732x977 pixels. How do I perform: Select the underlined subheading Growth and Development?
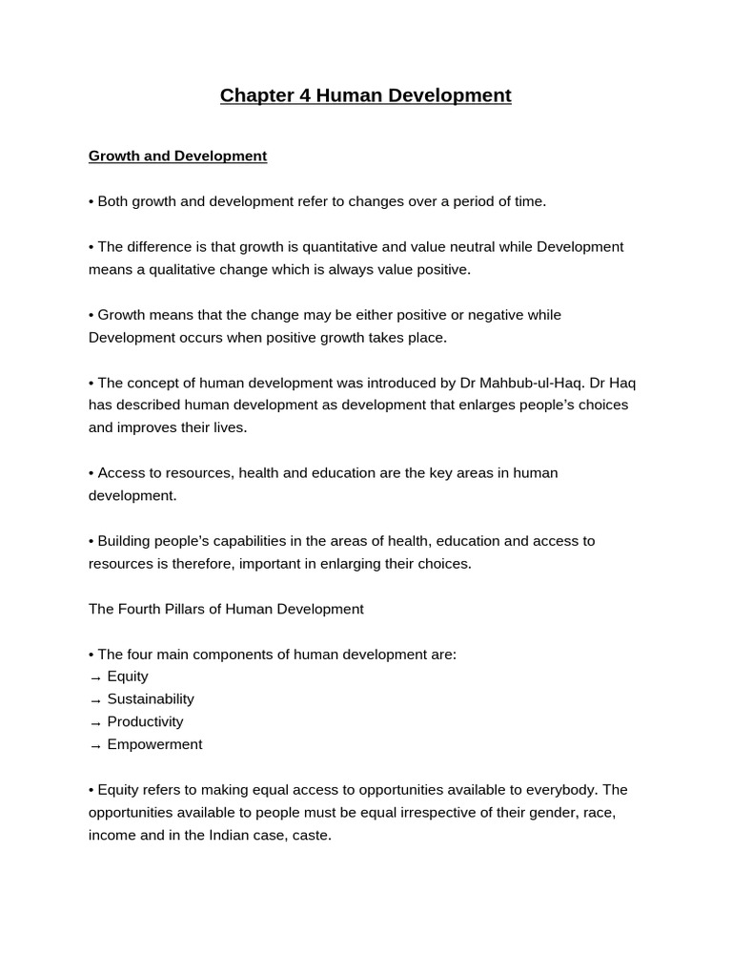pyautogui.click(x=177, y=156)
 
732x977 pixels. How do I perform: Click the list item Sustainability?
pyautogui.click(x=151, y=699)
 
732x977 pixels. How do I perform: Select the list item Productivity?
pyautogui.click(x=145, y=722)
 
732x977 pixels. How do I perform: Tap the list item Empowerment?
pyautogui.click(x=154, y=744)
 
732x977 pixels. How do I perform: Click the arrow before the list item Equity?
pyautogui.click(x=95, y=677)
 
